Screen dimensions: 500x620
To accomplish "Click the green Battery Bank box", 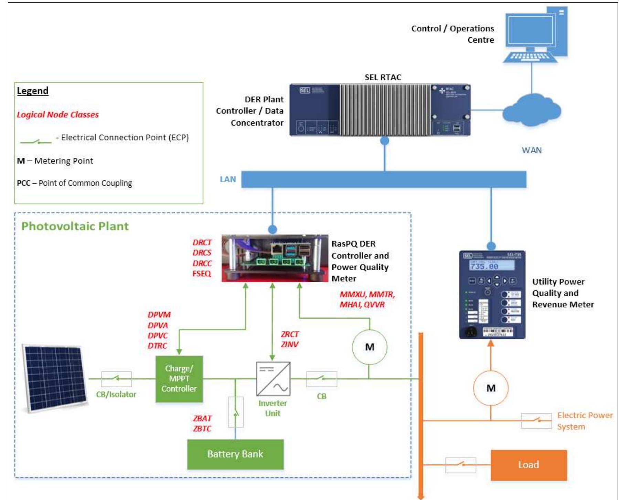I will [235, 454].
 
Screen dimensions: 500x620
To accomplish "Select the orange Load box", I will [528, 465].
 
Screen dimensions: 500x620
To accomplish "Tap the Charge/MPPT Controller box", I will [179, 379].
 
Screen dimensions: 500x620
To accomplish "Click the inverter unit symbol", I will [273, 378].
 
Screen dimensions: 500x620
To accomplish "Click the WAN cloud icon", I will [532, 111].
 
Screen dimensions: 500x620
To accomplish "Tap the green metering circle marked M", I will [370, 347].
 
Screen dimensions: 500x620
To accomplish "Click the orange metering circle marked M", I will [491, 388].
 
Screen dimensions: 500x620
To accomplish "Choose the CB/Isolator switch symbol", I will [116, 379].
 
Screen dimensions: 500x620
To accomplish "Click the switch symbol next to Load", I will [460, 465].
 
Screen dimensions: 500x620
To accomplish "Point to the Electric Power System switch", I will [536, 420].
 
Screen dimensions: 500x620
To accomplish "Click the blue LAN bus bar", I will [383, 179].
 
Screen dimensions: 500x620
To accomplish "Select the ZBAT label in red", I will [202, 418].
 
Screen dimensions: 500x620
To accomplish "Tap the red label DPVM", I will [159, 315].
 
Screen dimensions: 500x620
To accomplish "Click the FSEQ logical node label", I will [202, 274].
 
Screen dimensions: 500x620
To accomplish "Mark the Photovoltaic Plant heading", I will [75, 226].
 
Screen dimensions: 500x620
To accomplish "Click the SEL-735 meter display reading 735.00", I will [491, 266].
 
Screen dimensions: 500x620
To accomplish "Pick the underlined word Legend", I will [33, 91].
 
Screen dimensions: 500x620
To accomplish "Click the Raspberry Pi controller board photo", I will [275, 258].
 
